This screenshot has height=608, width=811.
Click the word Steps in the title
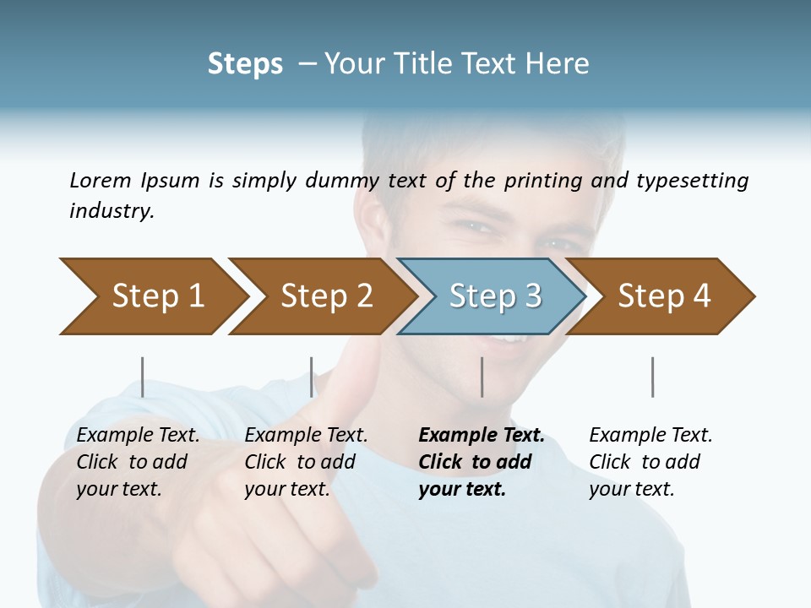click(245, 64)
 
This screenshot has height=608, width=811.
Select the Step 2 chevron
click(326, 296)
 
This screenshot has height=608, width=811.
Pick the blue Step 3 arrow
click(494, 296)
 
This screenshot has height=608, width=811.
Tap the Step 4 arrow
click(663, 296)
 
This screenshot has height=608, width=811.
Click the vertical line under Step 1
click(142, 377)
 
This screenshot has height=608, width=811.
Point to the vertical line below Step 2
click(312, 377)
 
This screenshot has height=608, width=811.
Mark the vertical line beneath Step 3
click(482, 377)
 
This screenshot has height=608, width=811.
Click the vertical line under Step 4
click(652, 377)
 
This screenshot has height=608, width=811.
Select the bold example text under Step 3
click(481, 462)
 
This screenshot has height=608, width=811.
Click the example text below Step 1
click(138, 462)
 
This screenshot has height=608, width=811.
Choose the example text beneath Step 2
click(306, 462)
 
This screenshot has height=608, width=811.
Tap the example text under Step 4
click(650, 462)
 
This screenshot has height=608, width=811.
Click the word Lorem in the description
click(100, 180)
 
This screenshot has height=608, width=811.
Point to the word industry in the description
click(112, 210)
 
